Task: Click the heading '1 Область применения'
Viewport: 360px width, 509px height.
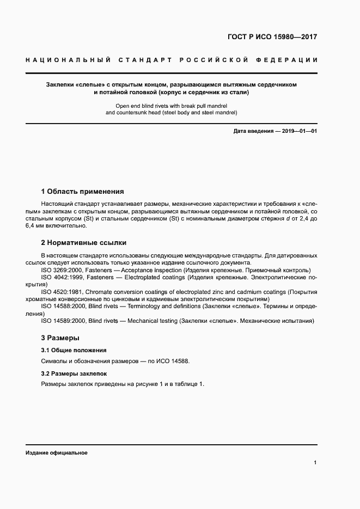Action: (x=82, y=192)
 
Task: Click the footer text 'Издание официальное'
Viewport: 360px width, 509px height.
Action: (x=56, y=453)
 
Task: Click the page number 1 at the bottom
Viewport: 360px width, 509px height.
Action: (x=315, y=463)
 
